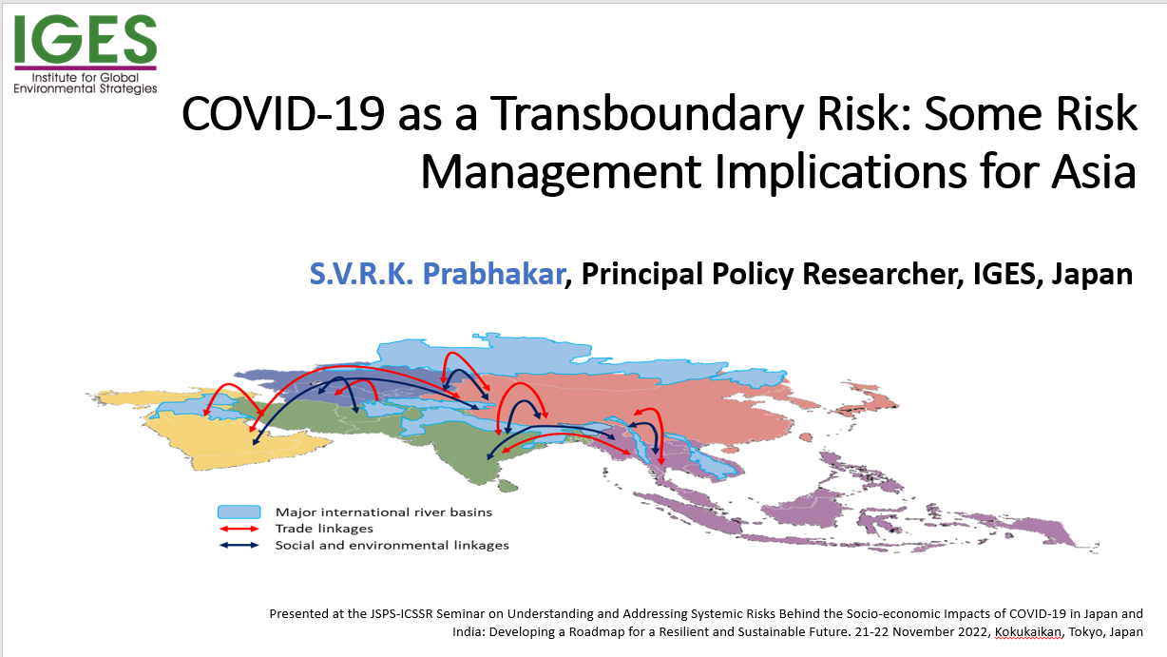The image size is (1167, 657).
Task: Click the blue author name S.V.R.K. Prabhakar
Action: coord(437,274)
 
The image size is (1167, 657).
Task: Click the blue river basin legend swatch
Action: coord(239,512)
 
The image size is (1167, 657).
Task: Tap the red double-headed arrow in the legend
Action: coord(239,529)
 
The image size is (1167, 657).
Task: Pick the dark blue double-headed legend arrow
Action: coord(239,545)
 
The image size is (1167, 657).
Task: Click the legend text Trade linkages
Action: coord(324,529)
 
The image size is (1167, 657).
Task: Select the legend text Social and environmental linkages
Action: coord(392,545)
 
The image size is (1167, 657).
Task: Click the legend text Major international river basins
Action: coord(384,512)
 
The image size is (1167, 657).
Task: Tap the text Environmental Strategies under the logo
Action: coord(86,88)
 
